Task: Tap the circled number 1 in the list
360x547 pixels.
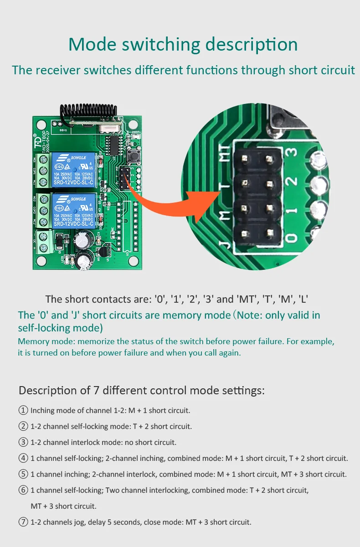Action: point(23,410)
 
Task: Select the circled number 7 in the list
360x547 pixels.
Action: point(23,522)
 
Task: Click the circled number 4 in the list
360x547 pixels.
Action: point(23,458)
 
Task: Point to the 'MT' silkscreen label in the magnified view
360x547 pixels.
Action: point(224,154)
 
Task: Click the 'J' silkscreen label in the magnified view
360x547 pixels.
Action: point(224,246)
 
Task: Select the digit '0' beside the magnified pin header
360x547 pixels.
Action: point(292,237)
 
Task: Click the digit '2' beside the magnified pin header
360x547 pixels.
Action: point(292,181)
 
